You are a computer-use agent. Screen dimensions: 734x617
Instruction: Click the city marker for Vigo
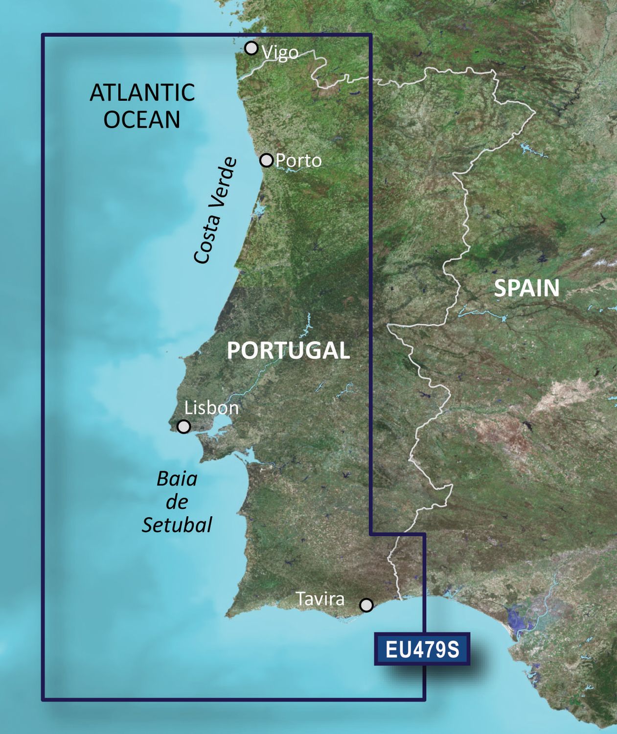(251, 48)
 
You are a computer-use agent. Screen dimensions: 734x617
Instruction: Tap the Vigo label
(280, 53)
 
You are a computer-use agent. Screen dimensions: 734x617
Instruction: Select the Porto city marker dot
(266, 160)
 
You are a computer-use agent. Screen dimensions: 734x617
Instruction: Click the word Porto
(298, 161)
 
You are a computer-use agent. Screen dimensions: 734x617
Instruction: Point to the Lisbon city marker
(183, 427)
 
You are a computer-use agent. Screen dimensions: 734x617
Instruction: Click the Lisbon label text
(211, 408)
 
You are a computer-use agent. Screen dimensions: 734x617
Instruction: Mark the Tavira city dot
(366, 605)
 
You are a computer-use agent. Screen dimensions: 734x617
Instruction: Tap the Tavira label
(320, 599)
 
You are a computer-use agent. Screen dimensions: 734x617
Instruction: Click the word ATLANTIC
(142, 92)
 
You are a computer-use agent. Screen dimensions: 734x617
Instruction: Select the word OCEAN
(142, 120)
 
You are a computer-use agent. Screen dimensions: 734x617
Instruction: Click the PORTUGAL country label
(288, 350)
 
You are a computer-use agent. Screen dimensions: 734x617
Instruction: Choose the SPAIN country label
(526, 288)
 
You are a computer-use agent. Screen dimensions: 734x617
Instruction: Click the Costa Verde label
(216, 210)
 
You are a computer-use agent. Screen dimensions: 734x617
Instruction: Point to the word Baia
(177, 479)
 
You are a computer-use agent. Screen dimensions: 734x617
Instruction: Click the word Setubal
(177, 525)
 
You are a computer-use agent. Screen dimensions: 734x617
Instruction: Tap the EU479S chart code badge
(422, 649)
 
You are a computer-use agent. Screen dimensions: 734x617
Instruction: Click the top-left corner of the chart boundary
(43, 35)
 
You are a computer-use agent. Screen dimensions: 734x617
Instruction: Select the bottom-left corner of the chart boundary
(43, 699)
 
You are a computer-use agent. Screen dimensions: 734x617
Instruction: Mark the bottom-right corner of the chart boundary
(424, 699)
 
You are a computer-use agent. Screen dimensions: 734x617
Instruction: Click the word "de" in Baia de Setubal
(177, 502)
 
